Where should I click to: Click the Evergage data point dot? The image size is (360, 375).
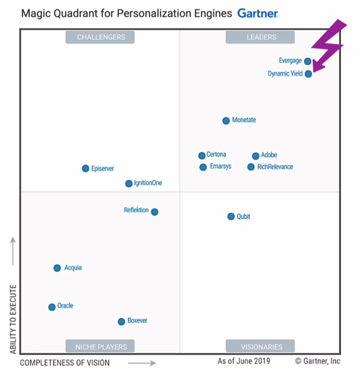tap(308, 61)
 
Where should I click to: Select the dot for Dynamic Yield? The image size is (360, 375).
tap(308, 74)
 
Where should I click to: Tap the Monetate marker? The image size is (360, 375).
tap(226, 121)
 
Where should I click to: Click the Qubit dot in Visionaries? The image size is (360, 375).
tap(231, 217)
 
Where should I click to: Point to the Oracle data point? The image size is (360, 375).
tap(52, 307)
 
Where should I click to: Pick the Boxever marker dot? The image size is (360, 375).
tap(121, 321)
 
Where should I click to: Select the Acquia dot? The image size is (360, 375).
tap(57, 268)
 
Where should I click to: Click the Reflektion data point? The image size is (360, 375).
tap(155, 212)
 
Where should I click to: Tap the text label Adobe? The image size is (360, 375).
tap(269, 155)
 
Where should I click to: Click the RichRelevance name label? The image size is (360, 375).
tap(275, 167)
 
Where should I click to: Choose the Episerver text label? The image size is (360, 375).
tap(102, 168)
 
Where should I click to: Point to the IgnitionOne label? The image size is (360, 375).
tap(148, 183)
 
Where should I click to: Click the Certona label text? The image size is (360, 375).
tap(216, 154)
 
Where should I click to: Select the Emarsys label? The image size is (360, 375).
tap(221, 166)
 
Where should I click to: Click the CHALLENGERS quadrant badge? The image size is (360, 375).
tap(100, 37)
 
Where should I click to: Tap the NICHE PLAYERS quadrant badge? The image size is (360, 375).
tap(100, 347)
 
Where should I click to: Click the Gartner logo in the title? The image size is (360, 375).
tap(258, 14)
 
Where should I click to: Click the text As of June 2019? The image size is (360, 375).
tap(244, 361)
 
